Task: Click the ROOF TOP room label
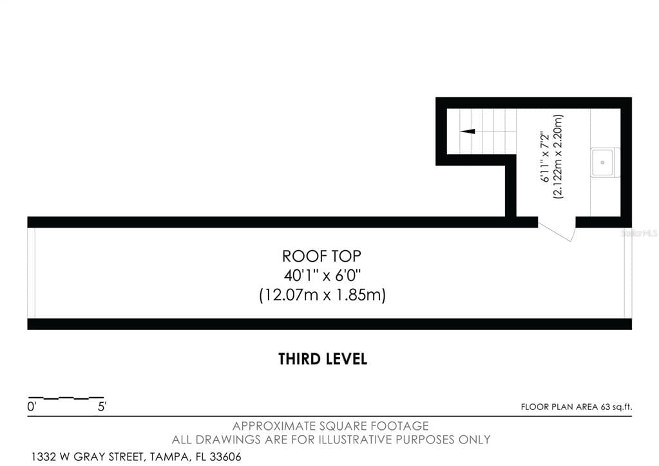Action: click(321, 256)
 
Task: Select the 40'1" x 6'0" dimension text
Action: click(322, 276)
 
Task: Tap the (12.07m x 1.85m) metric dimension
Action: click(322, 295)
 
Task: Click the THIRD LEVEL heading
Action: click(323, 359)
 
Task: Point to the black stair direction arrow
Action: click(467, 131)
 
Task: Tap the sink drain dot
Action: click(602, 162)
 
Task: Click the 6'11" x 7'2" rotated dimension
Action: click(545, 157)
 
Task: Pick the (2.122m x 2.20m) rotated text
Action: click(558, 157)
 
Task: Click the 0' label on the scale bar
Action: click(32, 407)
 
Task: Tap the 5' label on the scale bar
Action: click(102, 407)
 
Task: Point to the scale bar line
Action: click(66, 397)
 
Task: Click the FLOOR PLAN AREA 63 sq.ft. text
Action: click(576, 407)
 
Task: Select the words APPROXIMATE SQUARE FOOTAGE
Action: click(330, 426)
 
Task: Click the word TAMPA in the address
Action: click(170, 457)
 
